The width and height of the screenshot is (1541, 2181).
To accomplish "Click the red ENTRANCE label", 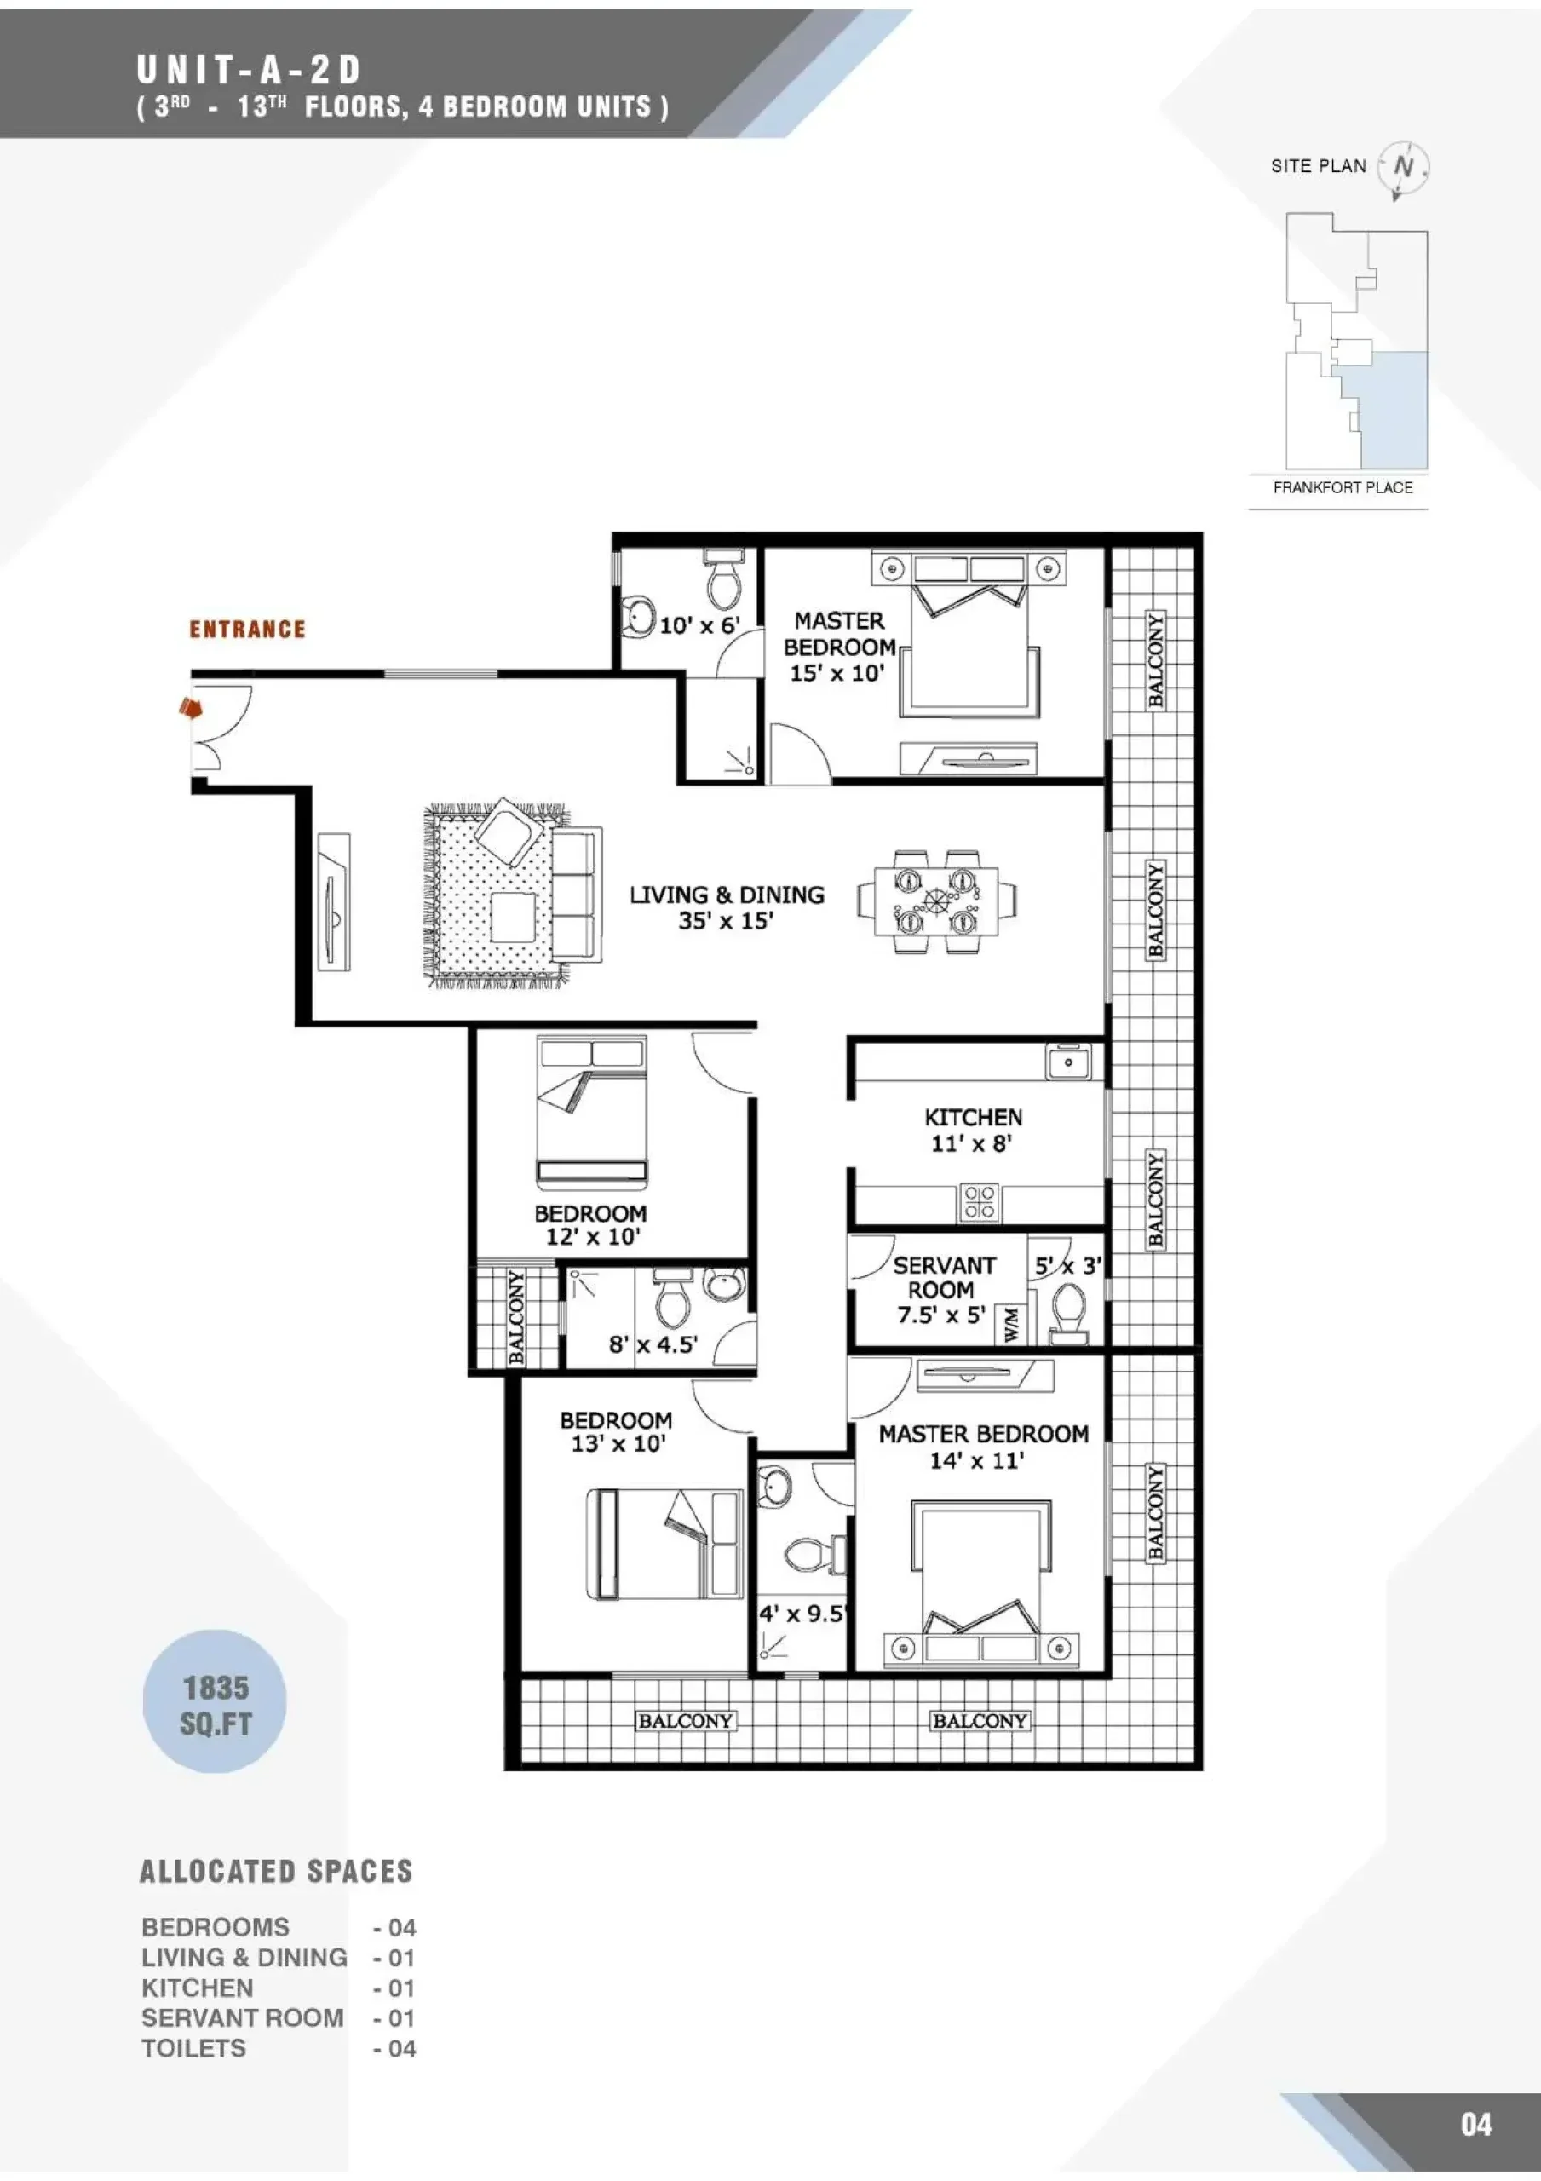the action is click(247, 629).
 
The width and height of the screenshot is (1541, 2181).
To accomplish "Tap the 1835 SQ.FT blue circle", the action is click(215, 1701).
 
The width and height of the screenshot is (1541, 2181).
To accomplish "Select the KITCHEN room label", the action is click(973, 1117).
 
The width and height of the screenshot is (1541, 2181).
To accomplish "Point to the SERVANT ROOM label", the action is click(942, 1278).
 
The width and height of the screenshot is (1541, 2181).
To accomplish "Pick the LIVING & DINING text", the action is click(727, 895).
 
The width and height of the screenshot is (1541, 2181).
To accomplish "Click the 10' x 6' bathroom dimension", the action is click(699, 625).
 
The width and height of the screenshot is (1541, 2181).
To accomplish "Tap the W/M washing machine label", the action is click(1010, 1323).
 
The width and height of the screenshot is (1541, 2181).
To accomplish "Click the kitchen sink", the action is click(1069, 1062).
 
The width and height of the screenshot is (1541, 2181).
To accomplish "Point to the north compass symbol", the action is click(1403, 168).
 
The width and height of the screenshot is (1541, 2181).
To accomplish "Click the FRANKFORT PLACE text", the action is click(1343, 487).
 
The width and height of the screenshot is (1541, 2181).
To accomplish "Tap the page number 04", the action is click(1476, 2124).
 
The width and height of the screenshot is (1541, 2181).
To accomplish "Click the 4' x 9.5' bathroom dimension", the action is click(801, 1614).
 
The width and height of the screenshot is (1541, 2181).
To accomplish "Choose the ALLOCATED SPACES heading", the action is click(277, 1872).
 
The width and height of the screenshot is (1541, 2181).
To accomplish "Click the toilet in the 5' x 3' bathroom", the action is click(1070, 1313).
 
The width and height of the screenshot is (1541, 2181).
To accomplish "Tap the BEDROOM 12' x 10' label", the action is click(591, 1224).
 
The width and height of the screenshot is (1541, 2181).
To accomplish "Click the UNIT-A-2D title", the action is click(249, 69).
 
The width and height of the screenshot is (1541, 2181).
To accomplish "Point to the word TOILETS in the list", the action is click(194, 2049).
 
